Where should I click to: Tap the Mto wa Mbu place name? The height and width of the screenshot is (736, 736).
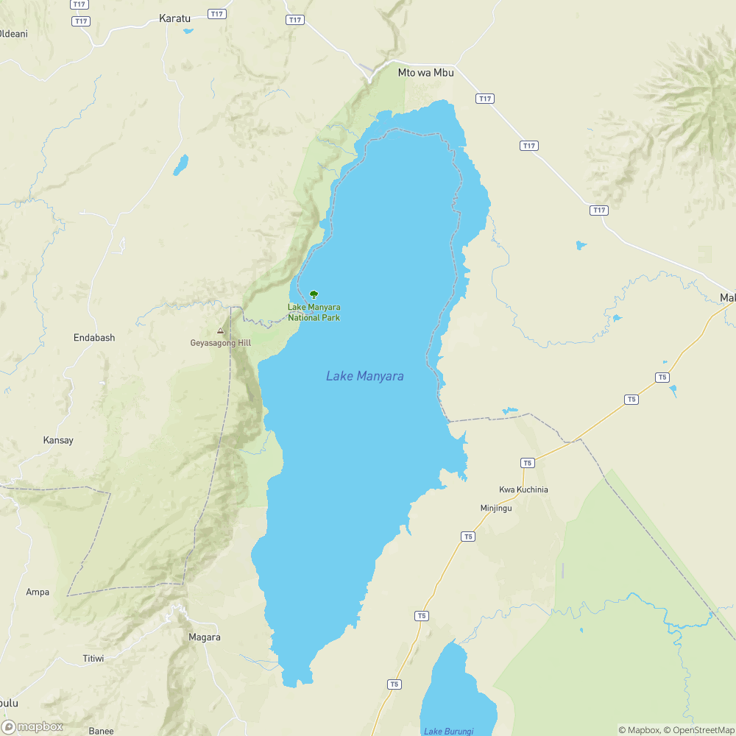(x=425, y=72)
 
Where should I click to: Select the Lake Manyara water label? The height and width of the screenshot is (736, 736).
(x=364, y=376)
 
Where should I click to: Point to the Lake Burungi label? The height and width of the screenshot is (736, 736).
(x=448, y=730)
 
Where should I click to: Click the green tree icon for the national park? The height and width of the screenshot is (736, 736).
(x=314, y=294)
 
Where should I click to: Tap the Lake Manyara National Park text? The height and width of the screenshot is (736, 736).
(x=314, y=312)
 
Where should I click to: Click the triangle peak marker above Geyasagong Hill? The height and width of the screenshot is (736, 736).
(x=220, y=331)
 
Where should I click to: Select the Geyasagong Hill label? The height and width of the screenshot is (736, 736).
(x=220, y=343)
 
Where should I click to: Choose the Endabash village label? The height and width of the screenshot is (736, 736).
(x=94, y=338)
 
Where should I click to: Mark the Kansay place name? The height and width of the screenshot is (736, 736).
(x=58, y=440)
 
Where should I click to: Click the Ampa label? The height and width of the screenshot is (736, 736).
(x=38, y=592)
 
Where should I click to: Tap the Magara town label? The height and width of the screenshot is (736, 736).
(x=204, y=637)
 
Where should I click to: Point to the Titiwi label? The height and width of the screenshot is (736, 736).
(x=93, y=659)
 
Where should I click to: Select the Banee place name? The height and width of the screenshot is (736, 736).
(x=101, y=730)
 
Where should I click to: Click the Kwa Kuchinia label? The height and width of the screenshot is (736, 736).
(x=523, y=489)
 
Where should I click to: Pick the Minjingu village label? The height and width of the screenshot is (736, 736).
(x=495, y=508)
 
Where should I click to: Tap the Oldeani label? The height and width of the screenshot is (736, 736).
(x=13, y=34)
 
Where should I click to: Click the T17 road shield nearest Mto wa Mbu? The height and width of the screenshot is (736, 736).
(x=484, y=99)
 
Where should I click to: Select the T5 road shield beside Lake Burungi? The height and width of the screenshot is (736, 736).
(x=394, y=684)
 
